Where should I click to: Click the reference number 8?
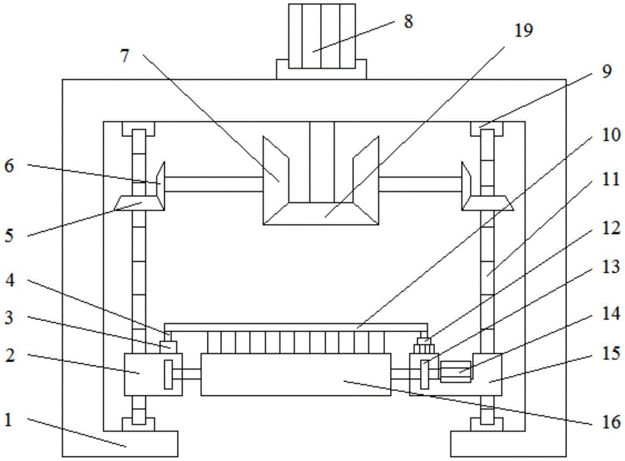(x=407, y=21)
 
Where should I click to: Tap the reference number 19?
(x=523, y=30)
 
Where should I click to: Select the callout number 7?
(x=125, y=56)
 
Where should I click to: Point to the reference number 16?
(x=611, y=422)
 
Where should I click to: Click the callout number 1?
(x=8, y=420)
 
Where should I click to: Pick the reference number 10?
(x=611, y=135)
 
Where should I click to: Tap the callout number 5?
(x=9, y=235)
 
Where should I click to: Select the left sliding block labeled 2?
(x=154, y=374)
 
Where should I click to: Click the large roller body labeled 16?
(x=296, y=374)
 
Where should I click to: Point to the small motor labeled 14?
(x=456, y=372)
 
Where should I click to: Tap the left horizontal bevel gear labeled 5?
(x=139, y=203)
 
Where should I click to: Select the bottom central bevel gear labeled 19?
(x=321, y=213)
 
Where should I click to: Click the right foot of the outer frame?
(x=508, y=443)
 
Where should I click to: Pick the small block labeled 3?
(x=168, y=347)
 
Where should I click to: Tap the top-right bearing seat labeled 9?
(x=487, y=129)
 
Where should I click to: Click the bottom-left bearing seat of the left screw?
(x=138, y=424)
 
